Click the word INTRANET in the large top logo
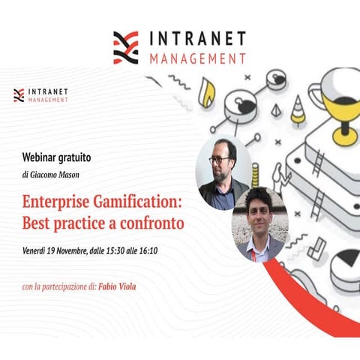pos(197,38)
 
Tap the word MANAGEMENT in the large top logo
pos(196,58)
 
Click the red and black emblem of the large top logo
pos(126,46)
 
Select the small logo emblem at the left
pos(19,95)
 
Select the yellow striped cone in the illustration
pos(298,112)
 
